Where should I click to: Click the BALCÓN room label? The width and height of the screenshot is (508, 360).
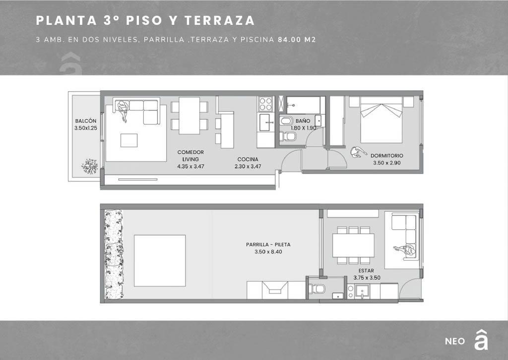(x=85, y=121)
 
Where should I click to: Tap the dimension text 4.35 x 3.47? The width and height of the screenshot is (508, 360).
(x=190, y=166)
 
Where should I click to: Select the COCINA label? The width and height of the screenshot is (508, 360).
(x=248, y=159)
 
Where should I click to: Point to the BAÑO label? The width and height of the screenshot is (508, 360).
(x=303, y=121)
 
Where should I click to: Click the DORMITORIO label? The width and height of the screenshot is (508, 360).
(x=387, y=156)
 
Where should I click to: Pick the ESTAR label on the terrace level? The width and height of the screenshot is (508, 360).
(x=367, y=271)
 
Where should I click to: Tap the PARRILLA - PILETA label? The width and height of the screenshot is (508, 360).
(x=268, y=244)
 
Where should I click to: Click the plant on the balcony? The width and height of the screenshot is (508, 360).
(x=90, y=166)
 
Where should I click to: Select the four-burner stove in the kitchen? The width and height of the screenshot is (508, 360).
(x=266, y=104)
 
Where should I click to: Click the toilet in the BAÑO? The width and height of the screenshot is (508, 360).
(x=288, y=136)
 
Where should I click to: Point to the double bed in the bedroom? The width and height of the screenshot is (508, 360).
(x=381, y=120)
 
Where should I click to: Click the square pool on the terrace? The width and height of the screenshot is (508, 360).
(x=160, y=261)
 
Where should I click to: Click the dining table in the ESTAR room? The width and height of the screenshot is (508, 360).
(x=353, y=245)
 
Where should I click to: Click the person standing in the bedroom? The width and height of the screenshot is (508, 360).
(x=358, y=152)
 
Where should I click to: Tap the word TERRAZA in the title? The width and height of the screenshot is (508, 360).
(x=220, y=20)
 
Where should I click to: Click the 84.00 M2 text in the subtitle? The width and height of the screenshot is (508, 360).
(x=297, y=40)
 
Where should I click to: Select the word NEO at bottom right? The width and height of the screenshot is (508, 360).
(x=455, y=341)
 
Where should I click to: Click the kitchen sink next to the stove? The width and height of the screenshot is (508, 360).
(x=266, y=122)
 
